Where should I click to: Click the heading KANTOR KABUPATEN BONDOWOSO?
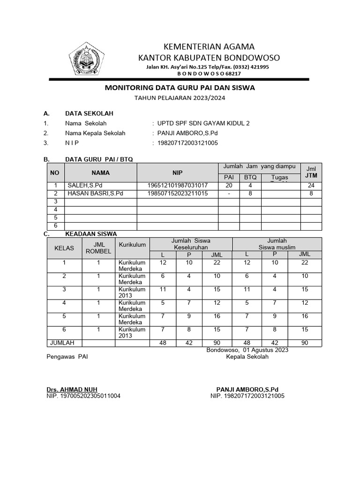(x=208, y=58)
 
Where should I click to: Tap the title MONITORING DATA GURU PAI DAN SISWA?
(x=180, y=88)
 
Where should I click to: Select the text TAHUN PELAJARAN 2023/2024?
(x=180, y=98)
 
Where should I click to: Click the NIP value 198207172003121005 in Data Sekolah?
(x=188, y=143)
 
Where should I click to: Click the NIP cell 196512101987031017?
(x=177, y=186)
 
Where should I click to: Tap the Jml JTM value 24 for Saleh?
(x=311, y=186)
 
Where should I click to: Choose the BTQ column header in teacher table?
(x=250, y=177)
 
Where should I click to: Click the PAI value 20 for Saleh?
(x=229, y=186)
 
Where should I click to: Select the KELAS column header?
(x=64, y=248)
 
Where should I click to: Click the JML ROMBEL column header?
(x=98, y=248)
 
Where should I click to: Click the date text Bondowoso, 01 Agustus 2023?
(x=247, y=350)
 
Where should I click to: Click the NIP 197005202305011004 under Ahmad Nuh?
(x=83, y=396)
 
